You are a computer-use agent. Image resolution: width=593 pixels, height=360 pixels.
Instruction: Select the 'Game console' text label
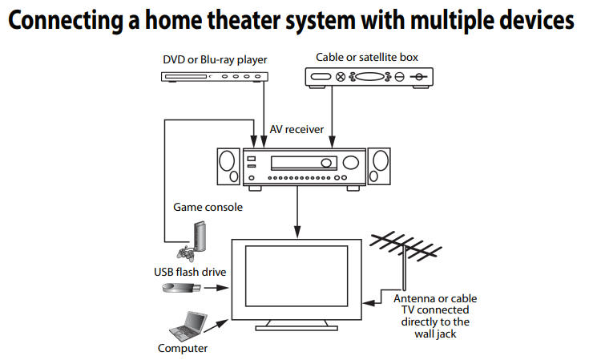(x=208, y=207)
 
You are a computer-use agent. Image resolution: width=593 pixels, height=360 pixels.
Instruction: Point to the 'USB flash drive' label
(x=190, y=272)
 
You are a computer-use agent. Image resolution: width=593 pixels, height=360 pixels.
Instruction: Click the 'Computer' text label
(x=183, y=349)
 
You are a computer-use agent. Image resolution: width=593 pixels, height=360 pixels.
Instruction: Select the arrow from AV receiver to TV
(x=299, y=211)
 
